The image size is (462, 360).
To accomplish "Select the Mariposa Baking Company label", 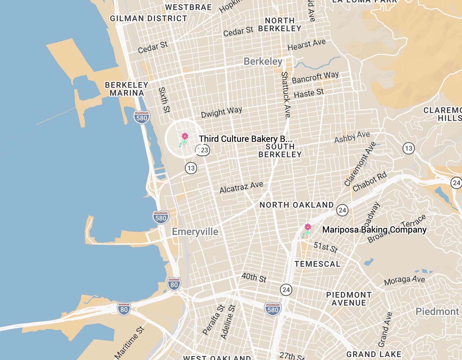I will [374, 230].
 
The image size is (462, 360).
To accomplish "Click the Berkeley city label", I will [263, 61].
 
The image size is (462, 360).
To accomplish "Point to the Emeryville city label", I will [195, 231].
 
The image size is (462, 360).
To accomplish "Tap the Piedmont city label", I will [437, 311].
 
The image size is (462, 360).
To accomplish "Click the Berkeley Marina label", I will [126, 89].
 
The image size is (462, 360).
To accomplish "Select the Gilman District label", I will [148, 18].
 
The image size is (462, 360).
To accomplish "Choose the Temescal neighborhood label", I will [317, 264].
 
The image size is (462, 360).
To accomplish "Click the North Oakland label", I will [297, 205].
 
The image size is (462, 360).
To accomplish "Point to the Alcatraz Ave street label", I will [241, 187].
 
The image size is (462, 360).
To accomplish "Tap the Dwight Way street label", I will [221, 112].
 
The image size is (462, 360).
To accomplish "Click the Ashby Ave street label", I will [352, 137].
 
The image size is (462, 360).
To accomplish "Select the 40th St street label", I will [254, 277].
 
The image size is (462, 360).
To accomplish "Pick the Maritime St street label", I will [129, 343].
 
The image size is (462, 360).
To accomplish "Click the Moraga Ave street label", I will [404, 280].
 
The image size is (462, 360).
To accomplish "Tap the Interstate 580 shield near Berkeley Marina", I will [142, 117].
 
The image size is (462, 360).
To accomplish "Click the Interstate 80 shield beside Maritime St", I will [124, 309].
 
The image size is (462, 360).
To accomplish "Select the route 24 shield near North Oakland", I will [342, 210].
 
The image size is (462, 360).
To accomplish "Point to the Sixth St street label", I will [164, 100].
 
